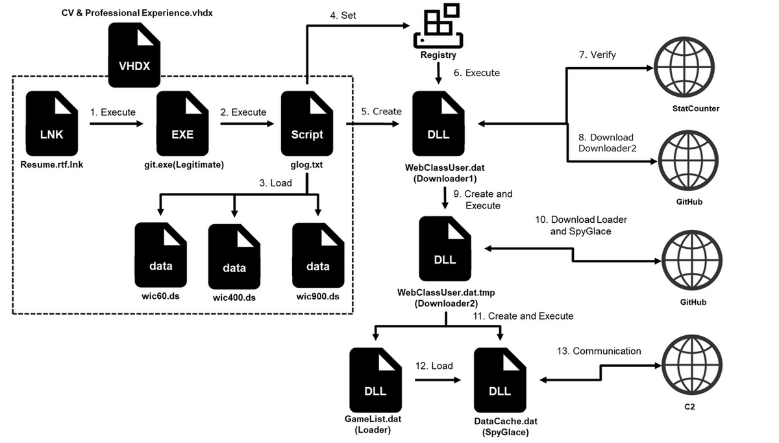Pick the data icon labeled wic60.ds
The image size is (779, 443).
160,256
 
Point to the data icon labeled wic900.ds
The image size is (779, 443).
317,256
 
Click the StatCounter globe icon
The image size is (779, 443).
686,68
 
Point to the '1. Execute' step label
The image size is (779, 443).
113,112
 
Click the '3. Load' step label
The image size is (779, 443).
276,183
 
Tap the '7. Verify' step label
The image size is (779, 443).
597,55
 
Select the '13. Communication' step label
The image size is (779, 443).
599,351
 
